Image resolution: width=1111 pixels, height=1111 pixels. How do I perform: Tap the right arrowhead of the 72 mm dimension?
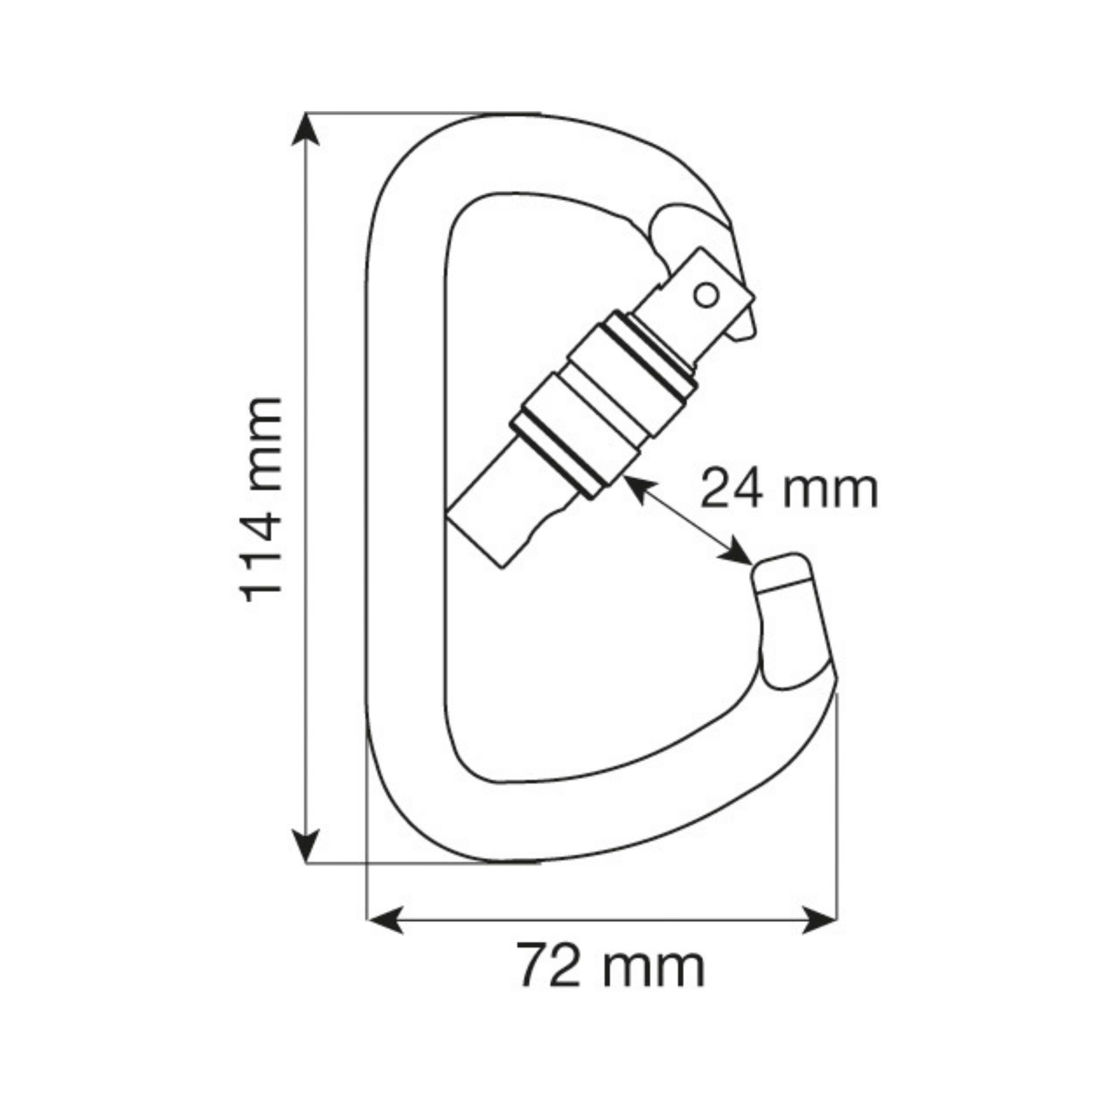click(819, 920)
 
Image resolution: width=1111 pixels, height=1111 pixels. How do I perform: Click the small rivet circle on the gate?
click(706, 296)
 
